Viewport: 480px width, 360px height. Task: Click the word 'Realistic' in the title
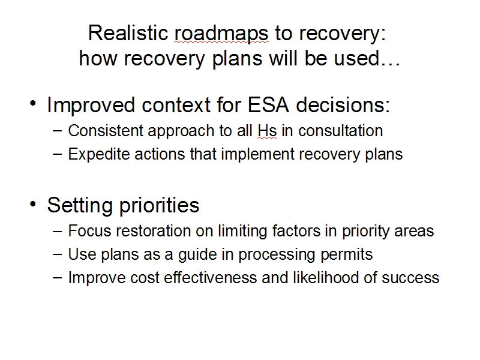[128, 33]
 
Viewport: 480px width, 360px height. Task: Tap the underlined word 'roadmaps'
[221, 34]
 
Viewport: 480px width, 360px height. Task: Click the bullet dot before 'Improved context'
[33, 103]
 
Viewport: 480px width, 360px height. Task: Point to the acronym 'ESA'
[268, 105]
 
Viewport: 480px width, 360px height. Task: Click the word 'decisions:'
[343, 105]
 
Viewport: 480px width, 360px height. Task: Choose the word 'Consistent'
[106, 131]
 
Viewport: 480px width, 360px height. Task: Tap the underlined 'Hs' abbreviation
[267, 131]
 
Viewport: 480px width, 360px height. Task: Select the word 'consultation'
[340, 131]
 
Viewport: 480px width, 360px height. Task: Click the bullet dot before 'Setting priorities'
[33, 203]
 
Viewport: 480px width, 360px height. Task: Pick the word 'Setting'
[80, 205]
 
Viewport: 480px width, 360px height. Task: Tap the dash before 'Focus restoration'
[57, 231]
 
